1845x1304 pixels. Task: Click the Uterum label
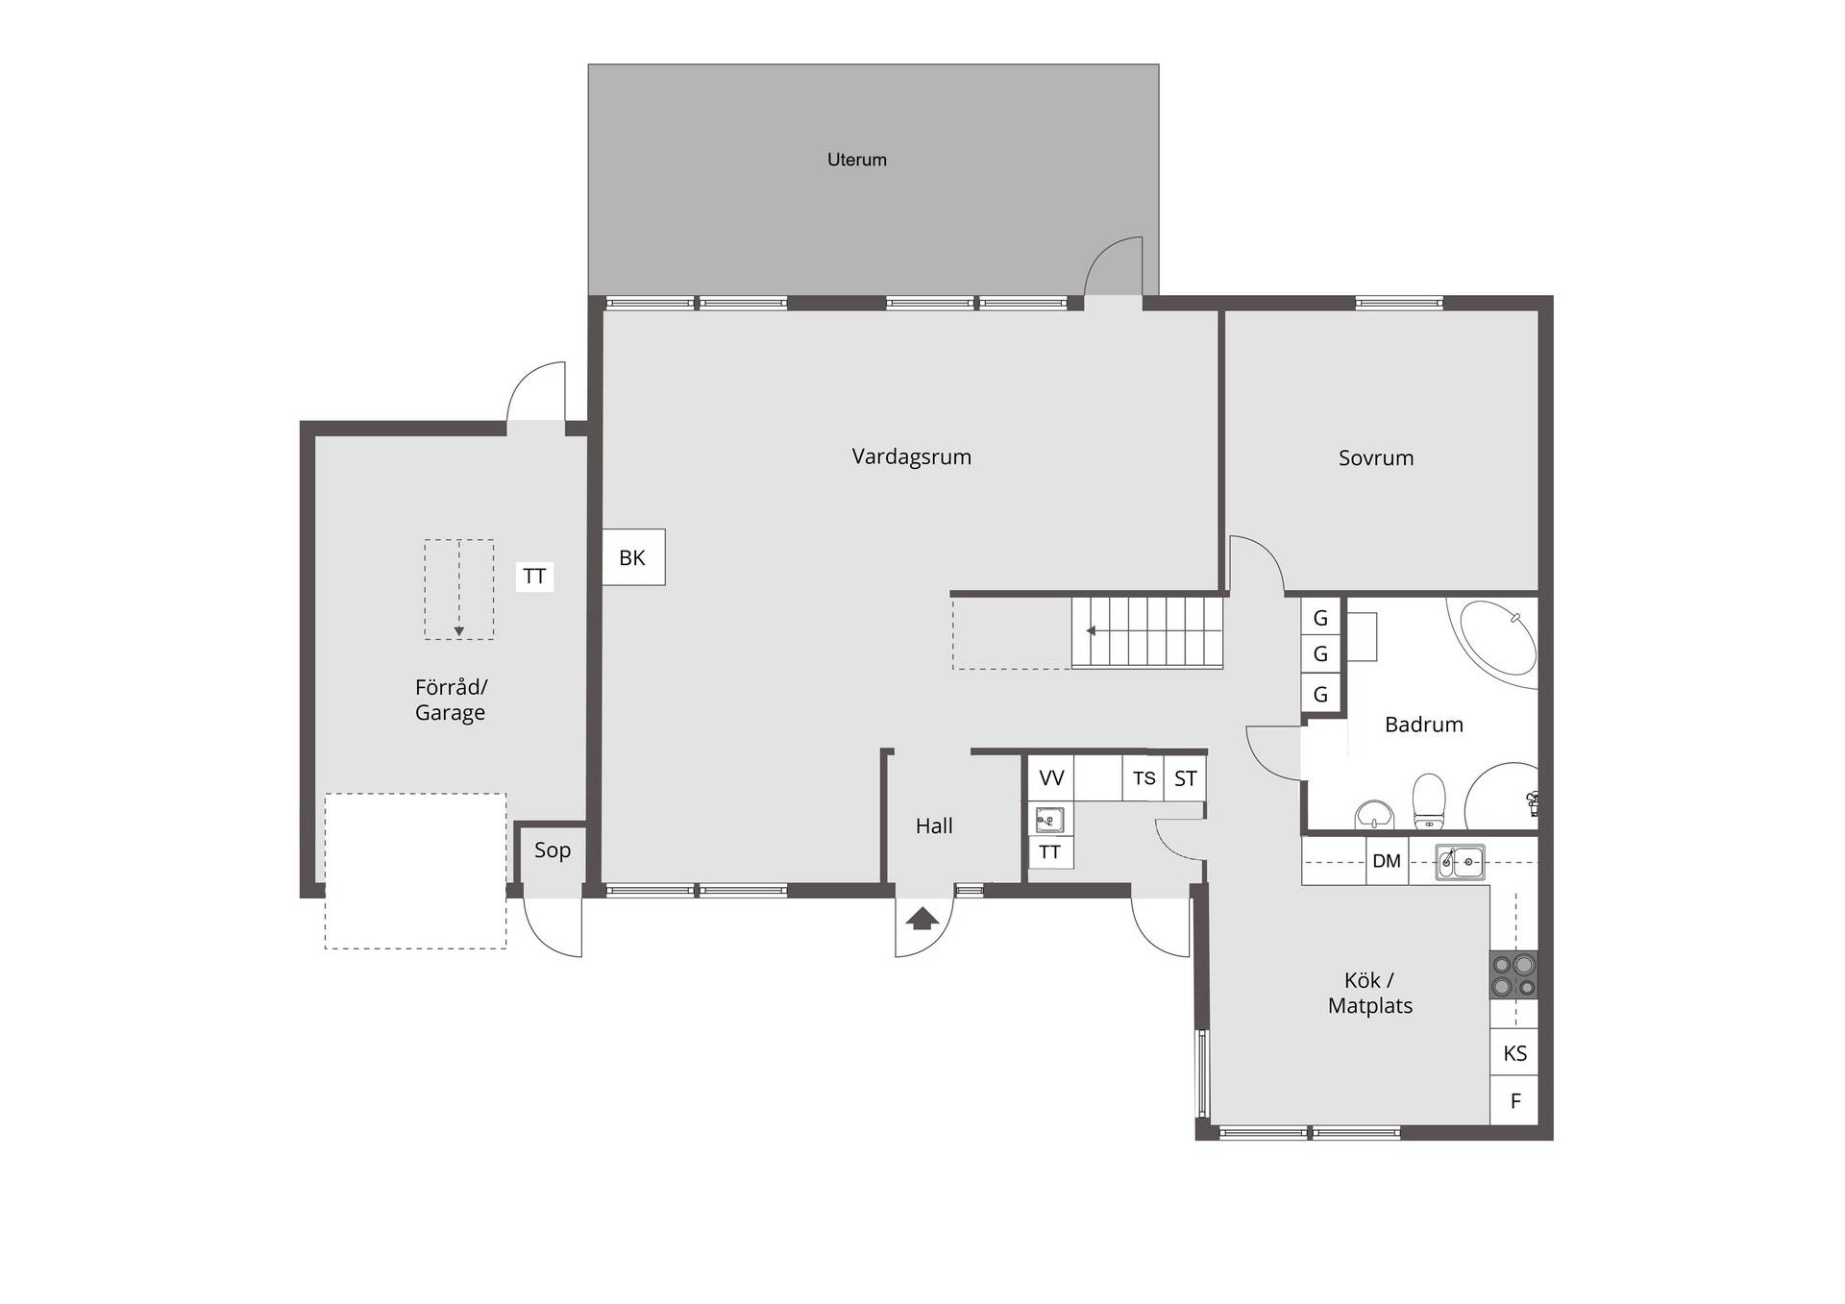[857, 160]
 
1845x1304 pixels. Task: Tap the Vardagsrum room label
[911, 457]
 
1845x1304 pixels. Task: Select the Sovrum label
[1376, 458]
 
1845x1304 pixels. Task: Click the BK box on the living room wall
[633, 557]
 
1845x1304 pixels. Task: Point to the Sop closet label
[553, 850]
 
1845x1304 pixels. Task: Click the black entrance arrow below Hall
[922, 919]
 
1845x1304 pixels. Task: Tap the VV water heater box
[1051, 778]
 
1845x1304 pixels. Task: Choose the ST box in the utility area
[1185, 778]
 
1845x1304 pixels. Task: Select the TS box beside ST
[1144, 778]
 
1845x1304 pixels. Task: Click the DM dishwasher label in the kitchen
[1387, 861]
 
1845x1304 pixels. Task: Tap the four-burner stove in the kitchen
[1513, 974]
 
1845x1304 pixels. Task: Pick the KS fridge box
[1514, 1053]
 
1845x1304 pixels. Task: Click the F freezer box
[1514, 1101]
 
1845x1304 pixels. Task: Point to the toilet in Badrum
[1429, 801]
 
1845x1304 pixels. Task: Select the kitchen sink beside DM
[1460, 862]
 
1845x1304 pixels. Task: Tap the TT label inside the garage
[534, 577]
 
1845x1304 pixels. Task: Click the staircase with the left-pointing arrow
[1147, 631]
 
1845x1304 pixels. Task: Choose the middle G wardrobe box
[1320, 654]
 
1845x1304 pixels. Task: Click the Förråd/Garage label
[451, 700]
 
